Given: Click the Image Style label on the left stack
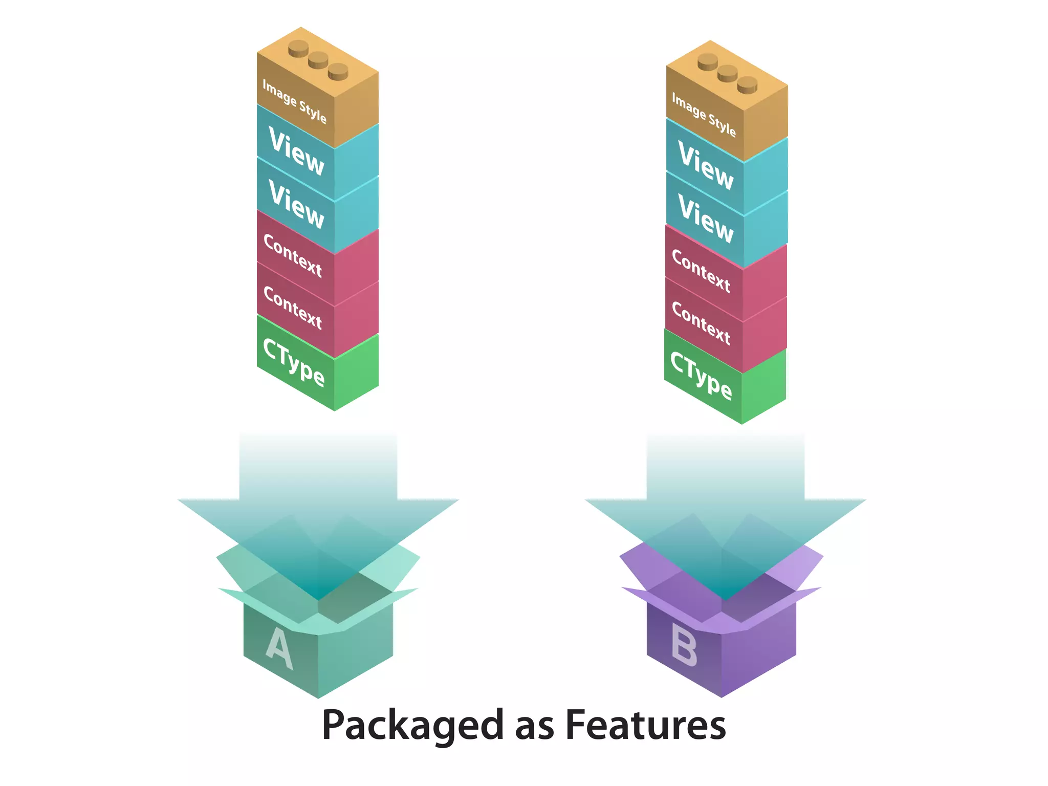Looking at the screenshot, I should pos(295,101).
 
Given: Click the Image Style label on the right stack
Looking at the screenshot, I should pos(704,115).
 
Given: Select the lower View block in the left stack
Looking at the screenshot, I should pos(297,204).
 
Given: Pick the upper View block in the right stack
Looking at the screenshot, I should pos(706,165).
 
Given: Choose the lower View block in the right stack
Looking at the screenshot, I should pos(706,219).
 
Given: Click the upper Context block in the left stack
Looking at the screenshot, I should pos(293,256).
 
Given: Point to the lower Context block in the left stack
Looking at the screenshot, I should pos(293,308).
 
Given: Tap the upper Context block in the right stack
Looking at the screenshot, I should pos(702,271).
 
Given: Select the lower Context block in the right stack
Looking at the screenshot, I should pos(702,323).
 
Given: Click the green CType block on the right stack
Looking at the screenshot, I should pos(702,376).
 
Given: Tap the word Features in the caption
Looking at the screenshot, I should pos(645,725).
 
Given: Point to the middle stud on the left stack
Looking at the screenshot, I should pos(318,60).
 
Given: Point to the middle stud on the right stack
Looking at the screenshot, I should pos(728,73).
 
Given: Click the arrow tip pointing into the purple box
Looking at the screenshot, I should pos(726,597).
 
